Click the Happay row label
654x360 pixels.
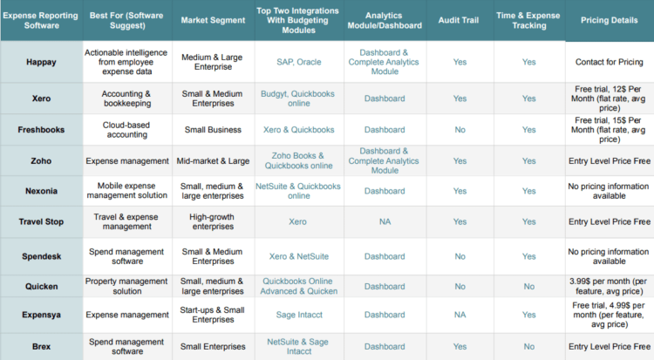point(43,62)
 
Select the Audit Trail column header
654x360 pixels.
point(460,20)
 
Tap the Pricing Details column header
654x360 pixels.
point(609,20)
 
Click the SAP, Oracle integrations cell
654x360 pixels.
point(297,62)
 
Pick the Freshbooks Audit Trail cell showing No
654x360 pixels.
point(460,130)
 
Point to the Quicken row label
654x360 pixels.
point(43,287)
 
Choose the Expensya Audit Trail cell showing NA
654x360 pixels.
point(460,315)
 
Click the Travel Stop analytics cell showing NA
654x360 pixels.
point(385,221)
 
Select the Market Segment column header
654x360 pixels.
point(213,20)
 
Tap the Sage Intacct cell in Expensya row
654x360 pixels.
point(297,315)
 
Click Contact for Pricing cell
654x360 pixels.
point(609,62)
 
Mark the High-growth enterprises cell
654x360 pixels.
point(213,221)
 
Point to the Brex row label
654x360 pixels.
point(43,346)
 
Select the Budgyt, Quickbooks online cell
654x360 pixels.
point(297,98)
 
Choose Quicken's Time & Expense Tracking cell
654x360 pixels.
point(529,287)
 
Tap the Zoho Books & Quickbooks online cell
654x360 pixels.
point(297,160)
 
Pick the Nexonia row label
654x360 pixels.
point(43,191)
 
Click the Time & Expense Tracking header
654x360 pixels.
point(529,20)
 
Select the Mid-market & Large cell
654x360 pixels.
point(213,160)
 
